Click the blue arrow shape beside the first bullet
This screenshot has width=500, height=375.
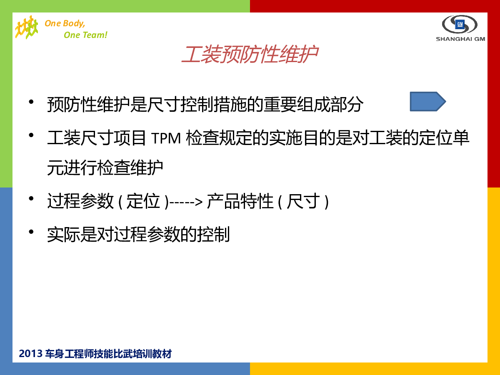427,102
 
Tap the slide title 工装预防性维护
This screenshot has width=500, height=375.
250,55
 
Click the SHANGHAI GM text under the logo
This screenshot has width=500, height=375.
460,39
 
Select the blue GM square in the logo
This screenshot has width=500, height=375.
460,24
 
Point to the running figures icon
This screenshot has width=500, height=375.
27,27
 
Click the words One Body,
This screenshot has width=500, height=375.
65,23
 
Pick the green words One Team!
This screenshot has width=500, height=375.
85,35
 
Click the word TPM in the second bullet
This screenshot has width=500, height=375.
166,138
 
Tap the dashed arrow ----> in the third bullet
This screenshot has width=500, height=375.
186,202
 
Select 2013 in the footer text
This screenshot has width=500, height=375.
30,354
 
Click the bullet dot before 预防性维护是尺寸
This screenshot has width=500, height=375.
31,102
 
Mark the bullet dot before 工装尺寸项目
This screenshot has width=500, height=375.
31,135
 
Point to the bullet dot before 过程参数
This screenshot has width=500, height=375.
31,199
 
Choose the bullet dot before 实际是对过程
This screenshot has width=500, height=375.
31,232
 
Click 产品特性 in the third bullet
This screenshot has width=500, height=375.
240,201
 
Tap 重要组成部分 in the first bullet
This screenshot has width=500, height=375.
313,104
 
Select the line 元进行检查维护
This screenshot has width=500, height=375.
105,167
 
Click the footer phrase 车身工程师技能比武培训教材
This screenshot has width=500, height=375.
108,354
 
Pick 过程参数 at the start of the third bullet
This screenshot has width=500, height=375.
80,201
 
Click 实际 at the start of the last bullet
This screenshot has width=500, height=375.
64,235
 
